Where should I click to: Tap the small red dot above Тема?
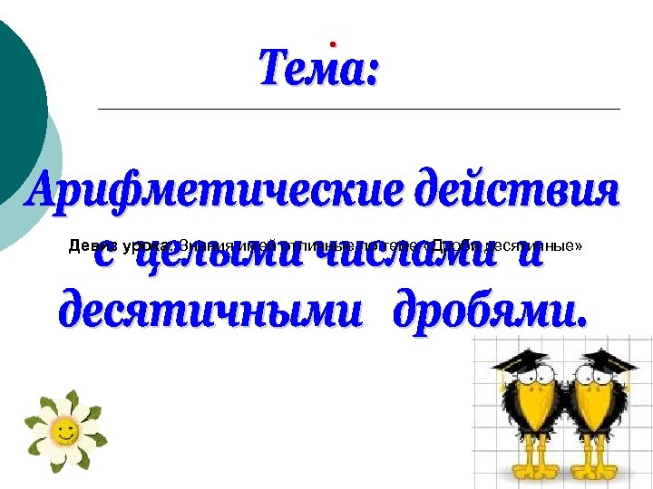coord(333,43)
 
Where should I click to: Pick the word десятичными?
coord(205,311)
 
